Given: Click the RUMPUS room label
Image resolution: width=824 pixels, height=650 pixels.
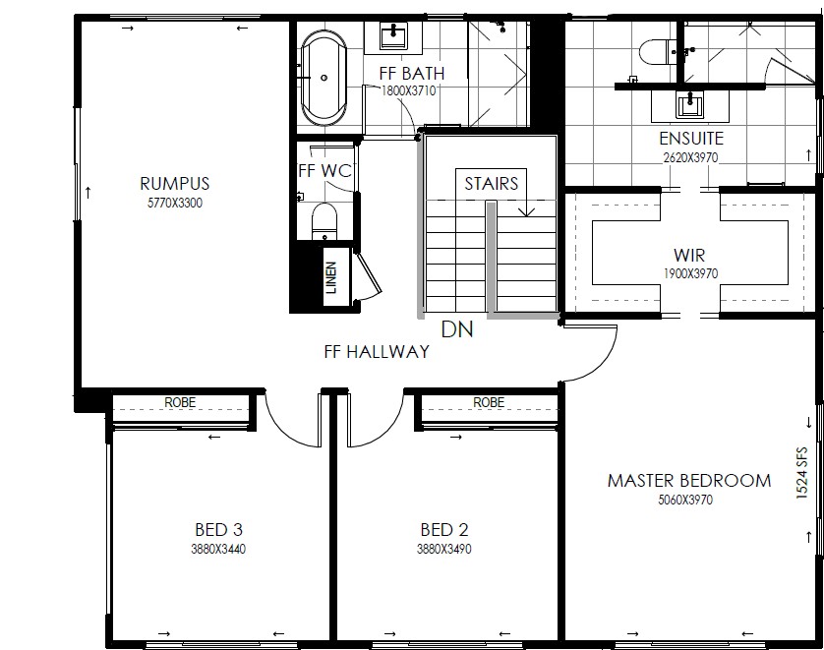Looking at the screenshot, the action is click(174, 183).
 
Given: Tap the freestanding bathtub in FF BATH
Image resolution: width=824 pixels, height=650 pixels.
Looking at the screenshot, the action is click(324, 78).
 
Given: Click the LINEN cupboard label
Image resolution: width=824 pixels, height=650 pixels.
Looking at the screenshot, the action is click(331, 277).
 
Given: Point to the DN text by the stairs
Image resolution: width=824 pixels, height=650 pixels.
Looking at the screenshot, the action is click(457, 329).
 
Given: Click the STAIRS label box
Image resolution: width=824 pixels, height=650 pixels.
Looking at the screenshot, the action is click(492, 183).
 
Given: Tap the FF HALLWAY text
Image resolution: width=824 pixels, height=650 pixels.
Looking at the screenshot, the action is click(377, 351).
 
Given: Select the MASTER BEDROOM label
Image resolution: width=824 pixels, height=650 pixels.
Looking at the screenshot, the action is click(689, 480).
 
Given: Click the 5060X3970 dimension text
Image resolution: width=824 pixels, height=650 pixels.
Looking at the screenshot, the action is click(685, 500).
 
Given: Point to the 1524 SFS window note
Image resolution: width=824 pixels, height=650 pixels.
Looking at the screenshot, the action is click(801, 472).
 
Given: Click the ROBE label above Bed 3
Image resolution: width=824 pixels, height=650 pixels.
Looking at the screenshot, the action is click(180, 402).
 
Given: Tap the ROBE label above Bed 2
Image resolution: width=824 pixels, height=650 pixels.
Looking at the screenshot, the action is click(489, 402).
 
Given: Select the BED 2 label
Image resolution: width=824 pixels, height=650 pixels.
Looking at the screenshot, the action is click(444, 529).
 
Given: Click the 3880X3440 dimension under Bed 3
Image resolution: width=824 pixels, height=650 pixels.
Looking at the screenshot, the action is click(218, 549).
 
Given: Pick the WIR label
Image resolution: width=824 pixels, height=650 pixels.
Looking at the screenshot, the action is click(689, 256).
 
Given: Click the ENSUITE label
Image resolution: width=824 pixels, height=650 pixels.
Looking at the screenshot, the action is click(691, 139).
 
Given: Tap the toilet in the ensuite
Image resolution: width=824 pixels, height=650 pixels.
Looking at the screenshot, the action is click(654, 52).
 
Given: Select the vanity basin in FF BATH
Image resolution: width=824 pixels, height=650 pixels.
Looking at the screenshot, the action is click(393, 36).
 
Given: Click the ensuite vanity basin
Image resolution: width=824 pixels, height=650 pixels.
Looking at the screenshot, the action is click(689, 104).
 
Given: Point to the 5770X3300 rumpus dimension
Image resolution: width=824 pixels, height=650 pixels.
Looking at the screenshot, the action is click(175, 203).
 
